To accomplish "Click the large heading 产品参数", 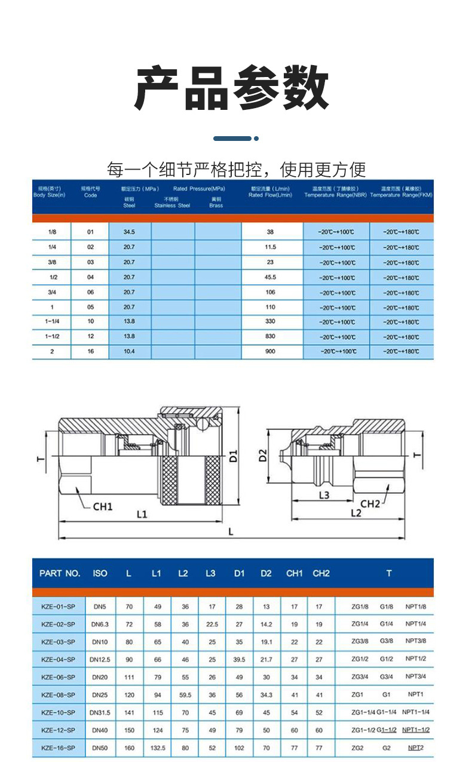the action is click(232, 88).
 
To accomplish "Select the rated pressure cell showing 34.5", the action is click(129, 231).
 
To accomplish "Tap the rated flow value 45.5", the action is click(270, 277).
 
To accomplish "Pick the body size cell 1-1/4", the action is click(51, 322).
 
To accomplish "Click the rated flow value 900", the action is click(270, 352).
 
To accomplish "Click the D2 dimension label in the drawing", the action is click(262, 456).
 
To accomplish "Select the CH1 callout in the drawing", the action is click(103, 506).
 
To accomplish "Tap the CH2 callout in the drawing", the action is click(370, 503).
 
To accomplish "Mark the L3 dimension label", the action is click(323, 495).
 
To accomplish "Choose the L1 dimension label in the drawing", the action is click(142, 513).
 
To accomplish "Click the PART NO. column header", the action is click(59, 573).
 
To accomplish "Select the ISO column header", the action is click(100, 573).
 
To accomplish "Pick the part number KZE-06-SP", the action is click(59, 677).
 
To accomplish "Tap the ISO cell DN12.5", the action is click(100, 660).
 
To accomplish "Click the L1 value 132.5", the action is click(158, 747).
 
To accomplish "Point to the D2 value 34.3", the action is click(266, 695).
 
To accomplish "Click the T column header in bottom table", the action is click(389, 573).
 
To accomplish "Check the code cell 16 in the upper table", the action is click(90, 352).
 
